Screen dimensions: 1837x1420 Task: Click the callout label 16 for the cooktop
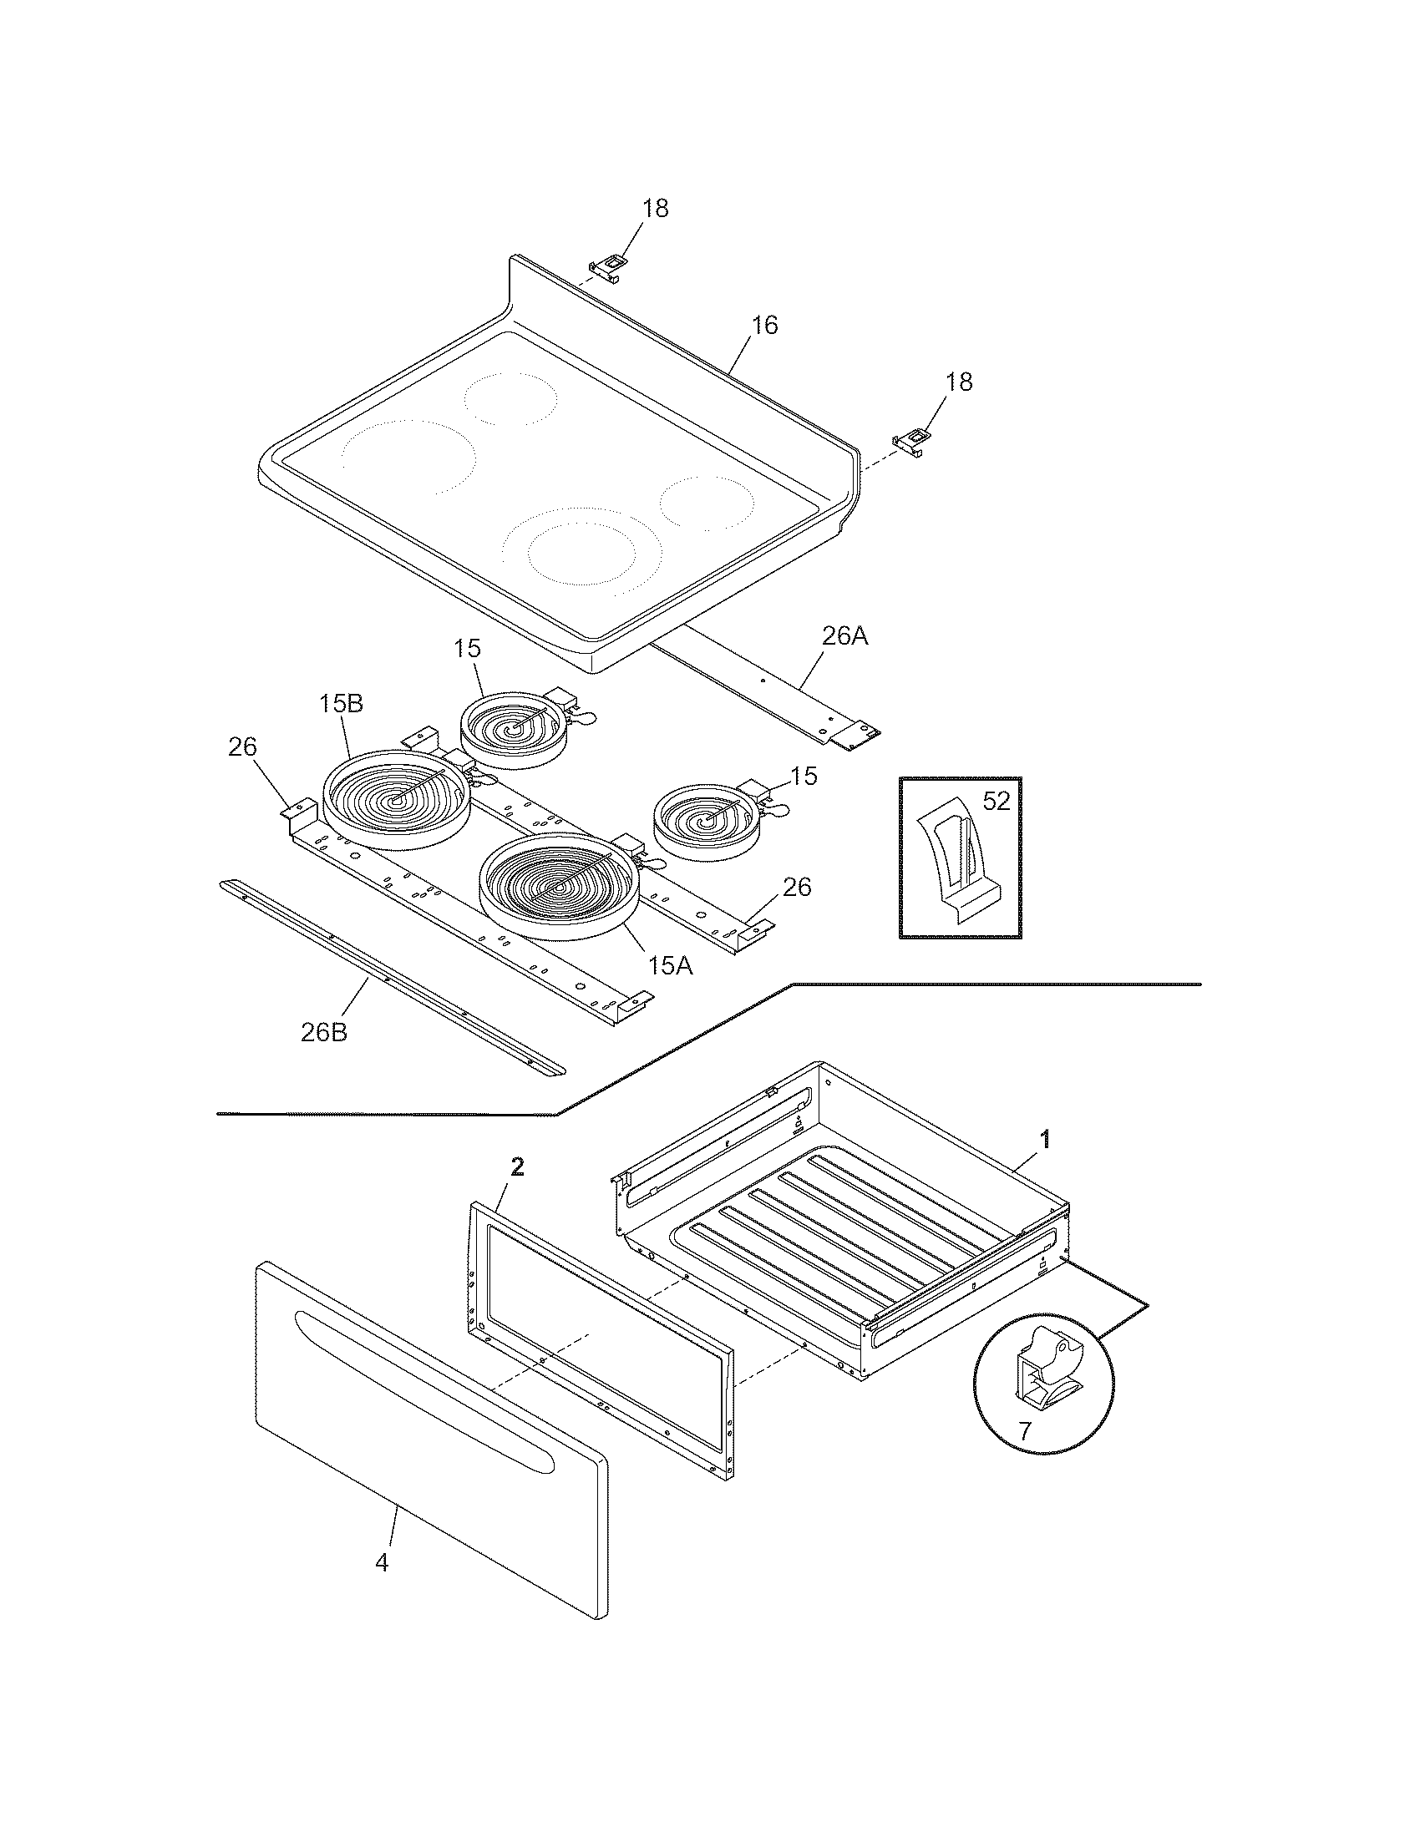763,325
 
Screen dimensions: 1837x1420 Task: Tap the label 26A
844,637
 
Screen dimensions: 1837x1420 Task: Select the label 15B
341,704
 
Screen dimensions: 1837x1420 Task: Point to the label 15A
670,965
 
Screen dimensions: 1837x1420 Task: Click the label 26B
324,1032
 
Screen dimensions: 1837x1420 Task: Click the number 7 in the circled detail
1024,1431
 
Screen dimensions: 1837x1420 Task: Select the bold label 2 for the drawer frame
517,1166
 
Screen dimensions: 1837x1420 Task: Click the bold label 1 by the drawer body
1045,1140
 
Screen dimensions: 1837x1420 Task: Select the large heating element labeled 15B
396,799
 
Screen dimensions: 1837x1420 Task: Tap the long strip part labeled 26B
391,974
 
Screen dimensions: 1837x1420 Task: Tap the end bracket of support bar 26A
855,736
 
